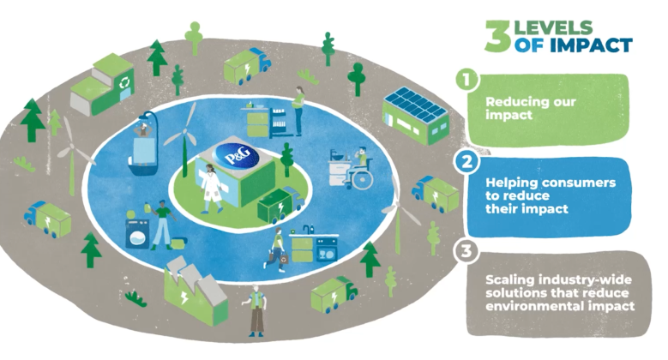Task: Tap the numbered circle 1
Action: point(466,81)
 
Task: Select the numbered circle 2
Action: point(466,160)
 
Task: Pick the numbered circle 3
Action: point(466,251)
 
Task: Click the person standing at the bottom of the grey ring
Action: point(254,310)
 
